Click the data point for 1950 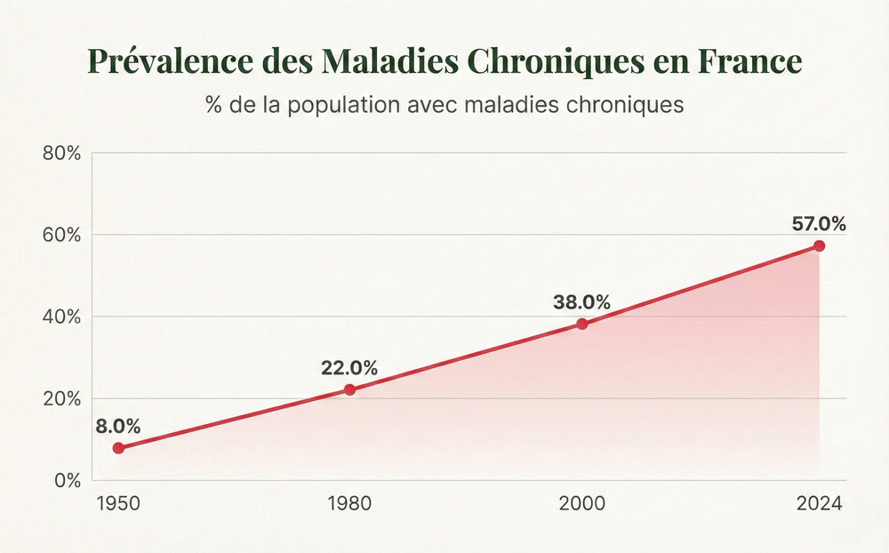point(118,448)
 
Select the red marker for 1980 point(349,389)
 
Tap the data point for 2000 point(582,324)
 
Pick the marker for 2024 point(819,245)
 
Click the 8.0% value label point(118,426)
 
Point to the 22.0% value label point(349,367)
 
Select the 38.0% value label point(581,302)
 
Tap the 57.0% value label point(819,224)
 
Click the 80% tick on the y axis point(61,153)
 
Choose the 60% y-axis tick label point(61,235)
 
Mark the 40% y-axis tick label point(61,317)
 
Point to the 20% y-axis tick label point(61,398)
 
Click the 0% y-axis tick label point(67,480)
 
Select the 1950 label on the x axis point(117,503)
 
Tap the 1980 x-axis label point(349,503)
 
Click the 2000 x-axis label point(582,503)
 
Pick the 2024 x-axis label point(819,503)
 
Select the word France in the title point(749,61)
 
